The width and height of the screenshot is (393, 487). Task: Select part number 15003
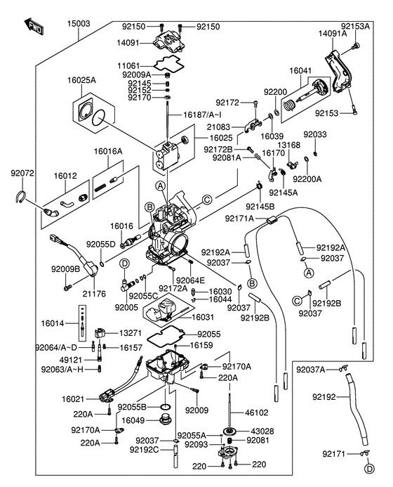[x=79, y=23]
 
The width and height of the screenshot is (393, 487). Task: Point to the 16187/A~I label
[x=204, y=114]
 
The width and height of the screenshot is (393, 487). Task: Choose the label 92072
[x=22, y=172]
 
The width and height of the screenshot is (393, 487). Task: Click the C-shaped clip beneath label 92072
[x=21, y=198]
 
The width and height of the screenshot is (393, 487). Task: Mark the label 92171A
[x=241, y=219]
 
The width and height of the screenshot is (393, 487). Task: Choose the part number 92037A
[x=311, y=369]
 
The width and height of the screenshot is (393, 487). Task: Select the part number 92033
[x=314, y=134]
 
